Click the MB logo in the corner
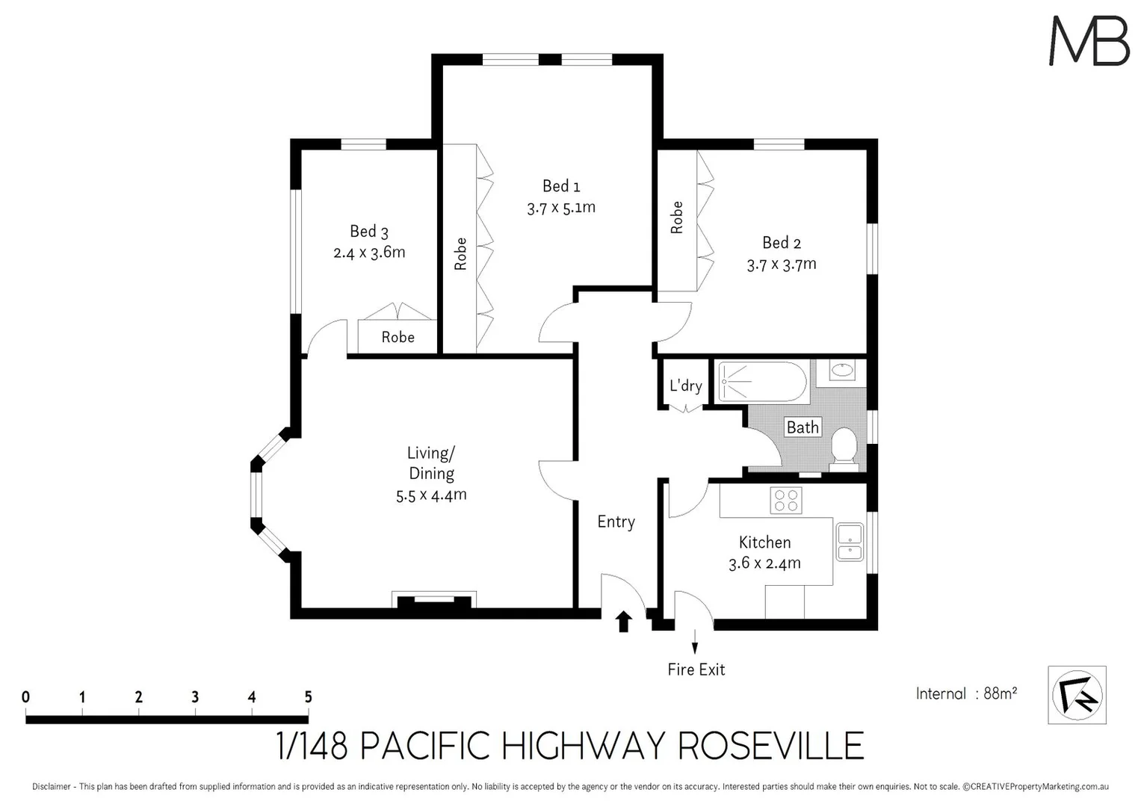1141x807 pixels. coord(1089,41)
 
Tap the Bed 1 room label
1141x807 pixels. coord(561,186)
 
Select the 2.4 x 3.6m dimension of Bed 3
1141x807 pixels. coord(369,253)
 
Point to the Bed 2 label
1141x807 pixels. coord(782,243)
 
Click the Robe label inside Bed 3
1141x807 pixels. coord(398,337)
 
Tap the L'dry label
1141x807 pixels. coord(685,386)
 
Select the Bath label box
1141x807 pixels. coord(803,427)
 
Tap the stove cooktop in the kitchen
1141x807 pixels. coord(786,500)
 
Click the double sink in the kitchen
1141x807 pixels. coord(850,542)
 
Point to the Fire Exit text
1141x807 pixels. coord(696,670)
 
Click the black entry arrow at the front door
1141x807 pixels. coord(623,622)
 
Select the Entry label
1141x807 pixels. coord(616,522)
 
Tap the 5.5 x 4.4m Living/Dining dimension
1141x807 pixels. coord(431,495)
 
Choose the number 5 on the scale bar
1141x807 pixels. coord(308,696)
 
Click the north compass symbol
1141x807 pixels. coord(1077,695)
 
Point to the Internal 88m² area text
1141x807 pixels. coord(966,693)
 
